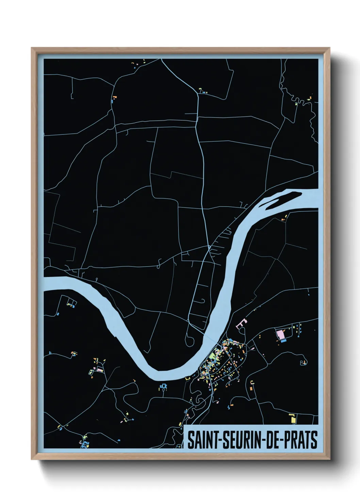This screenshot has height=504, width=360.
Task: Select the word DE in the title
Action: coord(269,440)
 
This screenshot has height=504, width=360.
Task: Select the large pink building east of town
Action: coord(281,334)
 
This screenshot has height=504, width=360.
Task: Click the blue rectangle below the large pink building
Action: coord(283,341)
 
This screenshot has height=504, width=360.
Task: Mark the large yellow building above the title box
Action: coord(293,418)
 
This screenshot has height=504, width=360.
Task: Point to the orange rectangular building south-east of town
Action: coord(252,387)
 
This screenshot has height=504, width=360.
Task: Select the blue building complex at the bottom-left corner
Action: coord(84,444)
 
